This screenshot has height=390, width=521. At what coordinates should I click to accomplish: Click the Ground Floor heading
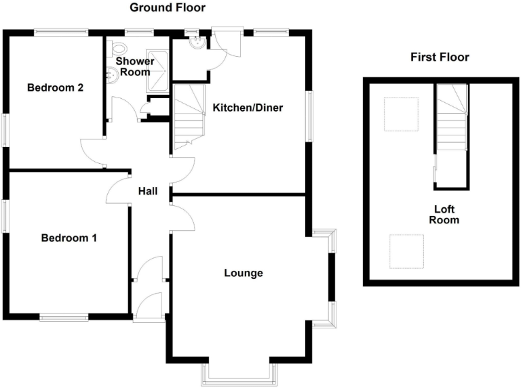click(x=167, y=7)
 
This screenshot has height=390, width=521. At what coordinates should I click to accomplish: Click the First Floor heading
click(x=440, y=57)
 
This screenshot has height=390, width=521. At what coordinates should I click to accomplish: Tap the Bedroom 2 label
click(x=56, y=87)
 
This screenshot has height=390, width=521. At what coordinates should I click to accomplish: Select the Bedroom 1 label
click(x=69, y=238)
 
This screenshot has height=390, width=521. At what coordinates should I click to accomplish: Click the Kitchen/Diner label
click(x=248, y=108)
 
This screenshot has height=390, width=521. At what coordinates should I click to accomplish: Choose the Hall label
click(x=148, y=192)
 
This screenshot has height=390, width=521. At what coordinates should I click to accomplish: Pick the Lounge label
click(x=244, y=274)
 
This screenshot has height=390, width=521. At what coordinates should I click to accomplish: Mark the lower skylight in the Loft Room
click(x=406, y=251)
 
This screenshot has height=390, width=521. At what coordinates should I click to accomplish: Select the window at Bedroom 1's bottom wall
click(x=64, y=316)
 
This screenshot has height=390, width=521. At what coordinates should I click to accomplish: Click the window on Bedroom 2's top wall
click(x=62, y=31)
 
